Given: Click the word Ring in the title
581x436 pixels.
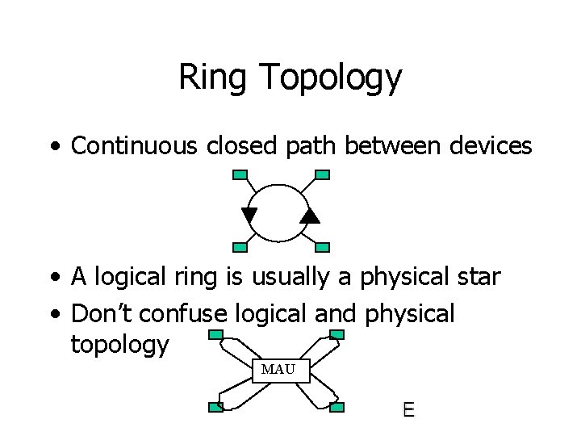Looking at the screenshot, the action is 207,78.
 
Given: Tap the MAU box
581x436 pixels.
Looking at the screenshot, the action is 279,371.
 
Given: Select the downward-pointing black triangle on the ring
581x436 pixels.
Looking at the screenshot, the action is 249,215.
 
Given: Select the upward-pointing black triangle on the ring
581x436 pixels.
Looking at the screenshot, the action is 310,215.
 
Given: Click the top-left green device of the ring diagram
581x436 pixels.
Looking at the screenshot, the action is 240,174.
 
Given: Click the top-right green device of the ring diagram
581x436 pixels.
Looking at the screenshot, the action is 322,174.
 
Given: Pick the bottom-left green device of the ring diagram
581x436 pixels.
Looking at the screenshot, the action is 240,247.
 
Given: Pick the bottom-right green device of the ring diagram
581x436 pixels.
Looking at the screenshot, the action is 322,247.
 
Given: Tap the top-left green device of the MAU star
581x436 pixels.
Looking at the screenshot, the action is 216,334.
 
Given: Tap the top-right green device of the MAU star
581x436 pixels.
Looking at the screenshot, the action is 338,334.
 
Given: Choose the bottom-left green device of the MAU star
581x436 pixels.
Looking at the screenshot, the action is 216,407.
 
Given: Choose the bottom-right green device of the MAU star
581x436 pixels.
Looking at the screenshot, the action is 338,407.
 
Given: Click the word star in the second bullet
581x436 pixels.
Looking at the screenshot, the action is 479,279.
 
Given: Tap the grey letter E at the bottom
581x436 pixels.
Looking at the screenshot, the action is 408,409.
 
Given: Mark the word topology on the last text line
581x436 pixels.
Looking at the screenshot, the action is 120,346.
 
